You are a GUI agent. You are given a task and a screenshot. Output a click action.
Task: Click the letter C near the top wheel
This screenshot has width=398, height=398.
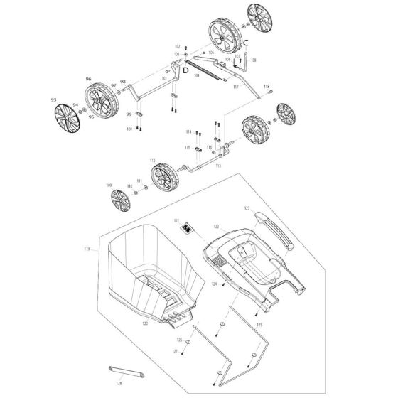point(245,43)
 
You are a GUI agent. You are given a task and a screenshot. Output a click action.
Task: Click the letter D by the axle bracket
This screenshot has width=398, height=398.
point(185,70)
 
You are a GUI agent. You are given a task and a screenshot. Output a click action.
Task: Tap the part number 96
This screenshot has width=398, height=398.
point(89,79)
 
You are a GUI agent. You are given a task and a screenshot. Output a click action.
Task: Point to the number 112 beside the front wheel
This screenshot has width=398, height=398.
point(152,161)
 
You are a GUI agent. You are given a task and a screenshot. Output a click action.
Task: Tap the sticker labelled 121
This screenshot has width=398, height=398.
point(188,227)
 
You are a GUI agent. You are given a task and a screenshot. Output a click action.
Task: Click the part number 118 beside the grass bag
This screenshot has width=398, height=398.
point(87,249)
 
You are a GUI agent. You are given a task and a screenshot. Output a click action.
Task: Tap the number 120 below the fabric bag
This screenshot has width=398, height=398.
point(145,323)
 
